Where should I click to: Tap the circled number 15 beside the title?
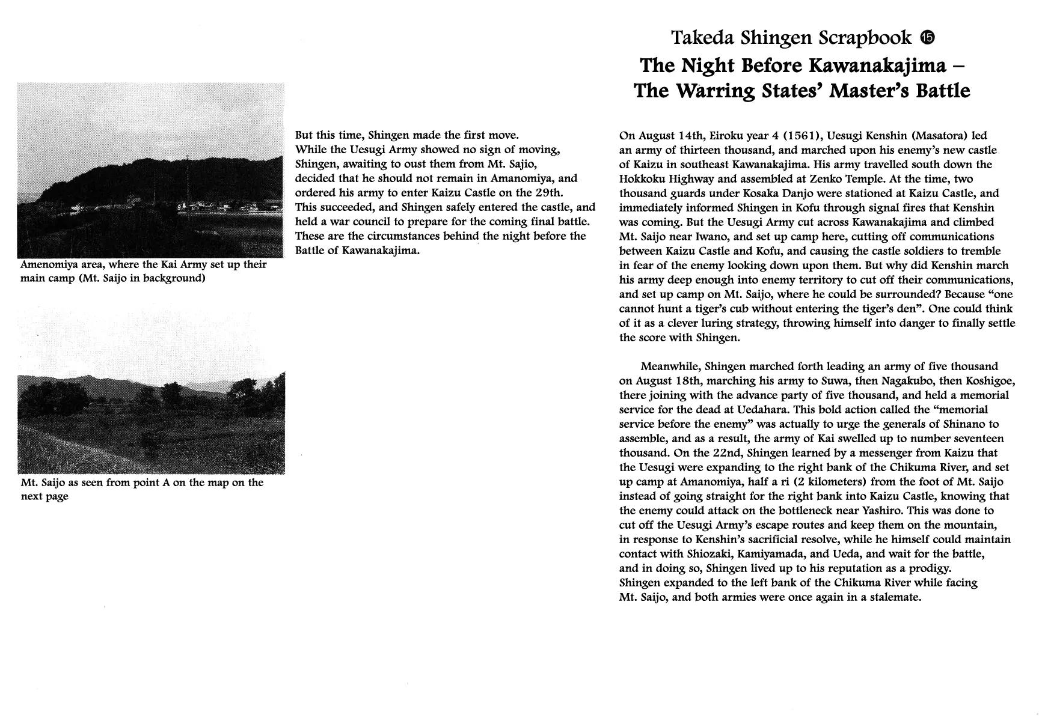(927, 38)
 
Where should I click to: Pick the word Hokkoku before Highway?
(646, 179)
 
